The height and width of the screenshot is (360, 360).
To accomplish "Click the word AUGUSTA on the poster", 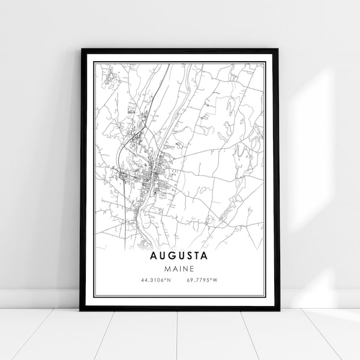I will coord(180,256).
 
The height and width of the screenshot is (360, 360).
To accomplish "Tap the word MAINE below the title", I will coord(180,268).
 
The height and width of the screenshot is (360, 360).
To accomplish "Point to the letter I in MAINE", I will coord(179,268).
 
